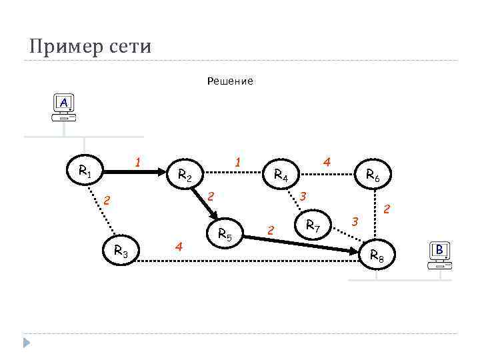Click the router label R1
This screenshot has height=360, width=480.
click(85, 171)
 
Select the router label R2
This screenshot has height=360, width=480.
click(185, 176)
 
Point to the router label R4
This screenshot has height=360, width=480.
click(281, 176)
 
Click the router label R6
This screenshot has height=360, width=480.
click(373, 176)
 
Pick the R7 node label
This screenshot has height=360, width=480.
click(313, 226)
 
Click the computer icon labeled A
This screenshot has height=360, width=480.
click(63, 109)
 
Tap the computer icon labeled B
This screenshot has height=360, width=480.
click(439, 256)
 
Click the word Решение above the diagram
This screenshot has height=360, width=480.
click(230, 81)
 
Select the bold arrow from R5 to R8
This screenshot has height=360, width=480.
click(300, 242)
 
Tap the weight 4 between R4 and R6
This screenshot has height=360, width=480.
click(326, 162)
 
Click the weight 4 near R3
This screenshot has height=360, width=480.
click(178, 246)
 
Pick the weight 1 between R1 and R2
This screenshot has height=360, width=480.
click(137, 162)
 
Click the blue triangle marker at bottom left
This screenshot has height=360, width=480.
click(27, 343)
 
